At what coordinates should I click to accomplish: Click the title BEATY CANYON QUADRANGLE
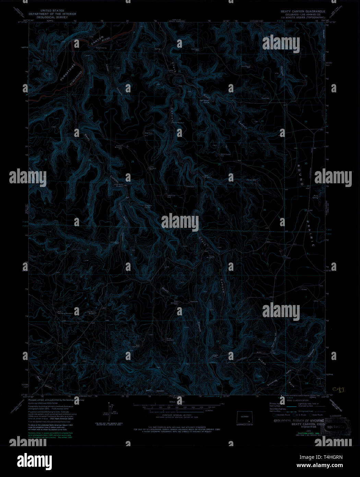[x=303, y=11]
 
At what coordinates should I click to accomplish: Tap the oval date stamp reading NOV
[x=339, y=427]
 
